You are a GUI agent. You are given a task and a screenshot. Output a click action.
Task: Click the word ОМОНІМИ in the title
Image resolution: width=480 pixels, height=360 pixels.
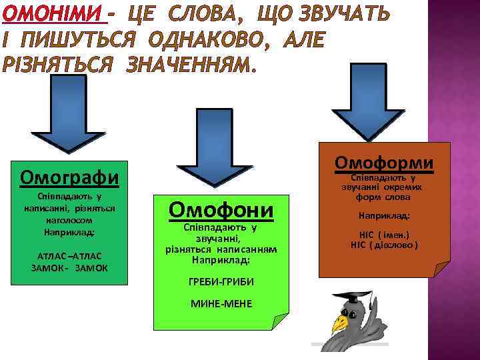tap(55, 13)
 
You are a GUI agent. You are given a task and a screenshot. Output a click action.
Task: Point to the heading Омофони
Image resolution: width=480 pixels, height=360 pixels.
tap(221, 210)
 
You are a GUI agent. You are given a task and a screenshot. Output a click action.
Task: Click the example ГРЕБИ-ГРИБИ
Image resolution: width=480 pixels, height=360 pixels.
tap(221, 282)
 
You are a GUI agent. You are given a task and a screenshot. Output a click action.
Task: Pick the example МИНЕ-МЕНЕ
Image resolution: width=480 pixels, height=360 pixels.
tap(221, 303)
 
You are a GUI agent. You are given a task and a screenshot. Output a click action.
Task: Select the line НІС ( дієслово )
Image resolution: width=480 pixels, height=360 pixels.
tap(384, 245)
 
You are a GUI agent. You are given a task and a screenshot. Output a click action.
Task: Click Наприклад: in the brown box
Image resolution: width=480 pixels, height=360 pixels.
tap(384, 216)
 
